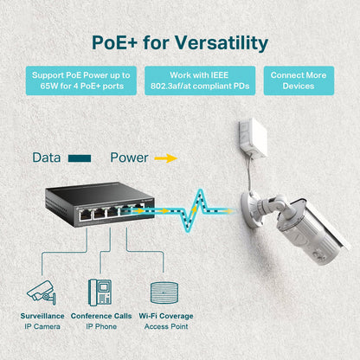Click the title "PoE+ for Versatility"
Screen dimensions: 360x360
180,42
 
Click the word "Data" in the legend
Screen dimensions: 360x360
47,158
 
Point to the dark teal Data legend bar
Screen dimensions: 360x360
80,159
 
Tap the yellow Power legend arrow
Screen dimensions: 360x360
165,159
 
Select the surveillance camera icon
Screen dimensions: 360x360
42,291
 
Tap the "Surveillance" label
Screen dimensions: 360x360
42,316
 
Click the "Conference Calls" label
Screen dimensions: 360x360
100,316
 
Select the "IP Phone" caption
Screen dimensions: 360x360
100,327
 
